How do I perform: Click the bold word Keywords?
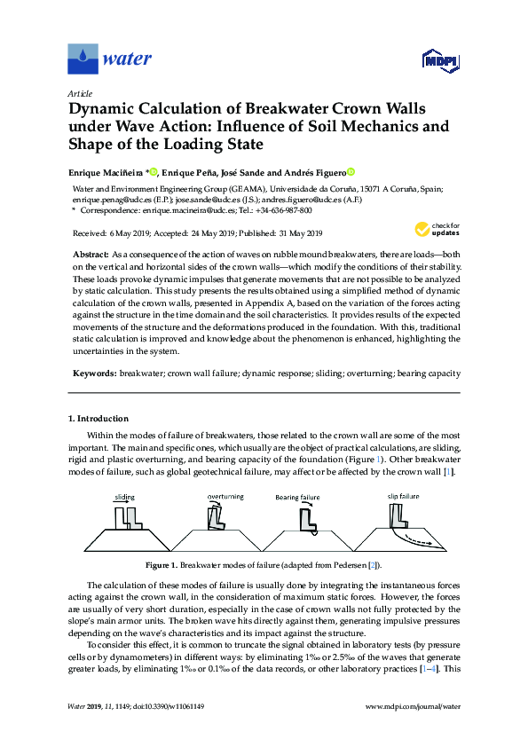[93, 374]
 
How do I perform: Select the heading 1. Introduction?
[99, 418]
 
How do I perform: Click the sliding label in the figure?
[124, 498]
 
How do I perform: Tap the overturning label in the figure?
[225, 496]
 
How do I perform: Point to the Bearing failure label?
[321, 499]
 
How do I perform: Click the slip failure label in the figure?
[404, 496]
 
